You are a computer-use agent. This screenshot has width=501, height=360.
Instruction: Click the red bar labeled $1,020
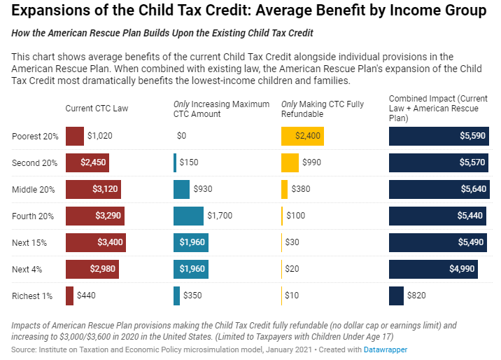74,136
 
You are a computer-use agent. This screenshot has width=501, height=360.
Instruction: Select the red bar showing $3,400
95,242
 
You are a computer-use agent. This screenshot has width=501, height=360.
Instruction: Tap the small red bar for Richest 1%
69,296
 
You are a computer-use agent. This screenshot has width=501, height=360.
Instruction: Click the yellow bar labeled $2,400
300,136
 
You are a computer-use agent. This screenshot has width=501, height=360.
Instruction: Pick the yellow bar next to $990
290,162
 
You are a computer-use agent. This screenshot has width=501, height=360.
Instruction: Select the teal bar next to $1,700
188,216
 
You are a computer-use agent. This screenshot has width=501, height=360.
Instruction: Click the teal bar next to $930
181,189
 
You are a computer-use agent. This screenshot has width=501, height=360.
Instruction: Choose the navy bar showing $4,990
433,269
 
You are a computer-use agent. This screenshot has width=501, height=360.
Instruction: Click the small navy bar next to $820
396,296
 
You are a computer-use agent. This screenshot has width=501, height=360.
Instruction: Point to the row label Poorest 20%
35,137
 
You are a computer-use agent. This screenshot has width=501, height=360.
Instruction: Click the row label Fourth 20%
33,216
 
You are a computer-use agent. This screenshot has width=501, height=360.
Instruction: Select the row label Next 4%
27,270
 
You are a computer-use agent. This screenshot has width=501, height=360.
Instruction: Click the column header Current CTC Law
97,109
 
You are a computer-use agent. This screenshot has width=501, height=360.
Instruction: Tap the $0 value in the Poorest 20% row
181,136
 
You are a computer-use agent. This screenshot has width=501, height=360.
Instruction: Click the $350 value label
192,296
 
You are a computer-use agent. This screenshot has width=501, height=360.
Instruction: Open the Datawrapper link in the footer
385,349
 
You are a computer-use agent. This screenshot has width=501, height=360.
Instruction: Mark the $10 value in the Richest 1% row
292,296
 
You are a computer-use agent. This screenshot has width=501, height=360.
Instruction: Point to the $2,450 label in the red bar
92,162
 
